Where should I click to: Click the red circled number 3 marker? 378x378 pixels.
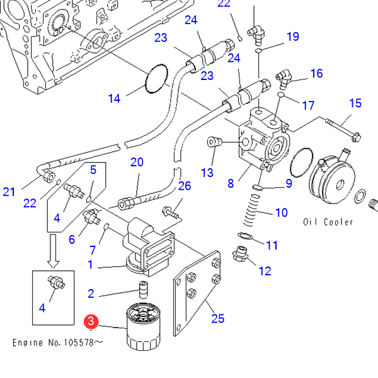coord(91,321)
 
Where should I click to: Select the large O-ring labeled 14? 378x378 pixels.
coord(156,79)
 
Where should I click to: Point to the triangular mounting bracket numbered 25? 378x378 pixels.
coord(197,293)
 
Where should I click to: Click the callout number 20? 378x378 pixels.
coord(137,162)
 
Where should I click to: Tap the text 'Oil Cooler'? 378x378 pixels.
coord(328,222)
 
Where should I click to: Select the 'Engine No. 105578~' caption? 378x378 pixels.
coord(58,343)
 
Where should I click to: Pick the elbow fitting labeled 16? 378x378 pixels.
coord(283,79)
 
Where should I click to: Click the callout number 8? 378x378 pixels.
coord(231,183)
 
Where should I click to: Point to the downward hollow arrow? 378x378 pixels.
coord(54,251)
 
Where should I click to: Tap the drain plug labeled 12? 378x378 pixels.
coord(240,254)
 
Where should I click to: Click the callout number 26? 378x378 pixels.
coord(185,186)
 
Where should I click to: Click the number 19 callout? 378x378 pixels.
coord(293,37)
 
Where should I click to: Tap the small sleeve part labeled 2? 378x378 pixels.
coord(144,289)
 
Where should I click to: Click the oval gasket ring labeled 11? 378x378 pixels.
coord(245,236)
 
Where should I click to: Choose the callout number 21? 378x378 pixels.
coord(9,192)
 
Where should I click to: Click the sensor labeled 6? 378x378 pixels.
coord(91,216)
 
